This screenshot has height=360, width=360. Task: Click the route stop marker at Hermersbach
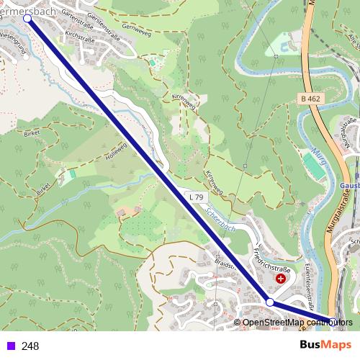(28, 19)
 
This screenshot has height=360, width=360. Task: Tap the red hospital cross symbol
(280, 278)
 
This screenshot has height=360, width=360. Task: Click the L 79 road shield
(196, 197)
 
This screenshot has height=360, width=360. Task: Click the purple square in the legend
(10, 346)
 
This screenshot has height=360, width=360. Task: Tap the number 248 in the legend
(30, 346)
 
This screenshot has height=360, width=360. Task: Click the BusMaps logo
(325, 345)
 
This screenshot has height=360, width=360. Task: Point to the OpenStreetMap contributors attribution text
(297, 323)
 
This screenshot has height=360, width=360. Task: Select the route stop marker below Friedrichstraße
(270, 303)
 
